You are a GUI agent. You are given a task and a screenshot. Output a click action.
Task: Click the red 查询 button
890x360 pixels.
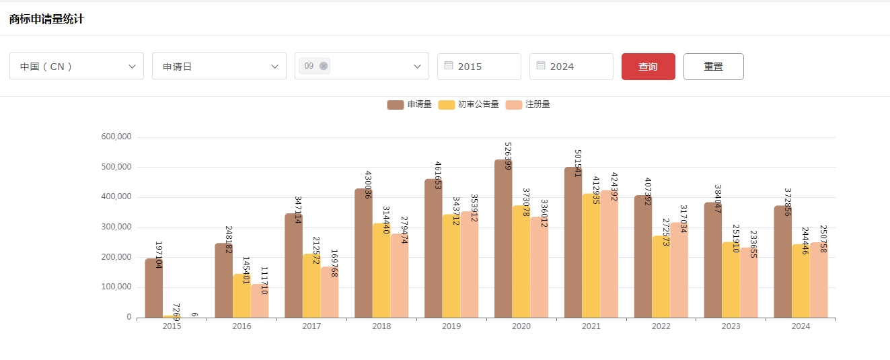click(x=648, y=67)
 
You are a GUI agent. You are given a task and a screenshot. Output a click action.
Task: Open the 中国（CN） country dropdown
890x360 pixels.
click(x=76, y=66)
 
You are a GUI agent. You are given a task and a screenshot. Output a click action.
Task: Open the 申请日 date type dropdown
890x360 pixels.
click(x=219, y=66)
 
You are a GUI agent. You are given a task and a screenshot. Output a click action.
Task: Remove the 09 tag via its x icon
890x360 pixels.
click(x=324, y=66)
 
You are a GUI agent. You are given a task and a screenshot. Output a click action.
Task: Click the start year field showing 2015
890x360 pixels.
click(x=479, y=67)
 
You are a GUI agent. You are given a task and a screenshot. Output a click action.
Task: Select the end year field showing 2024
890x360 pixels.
click(x=571, y=67)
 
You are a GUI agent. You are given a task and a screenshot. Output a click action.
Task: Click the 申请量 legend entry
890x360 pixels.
click(x=410, y=104)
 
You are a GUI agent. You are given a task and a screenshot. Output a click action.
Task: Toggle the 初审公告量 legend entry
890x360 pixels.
click(x=469, y=104)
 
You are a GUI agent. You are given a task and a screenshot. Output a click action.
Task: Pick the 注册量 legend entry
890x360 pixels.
click(x=528, y=104)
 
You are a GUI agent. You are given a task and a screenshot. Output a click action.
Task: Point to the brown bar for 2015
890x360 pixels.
click(x=153, y=289)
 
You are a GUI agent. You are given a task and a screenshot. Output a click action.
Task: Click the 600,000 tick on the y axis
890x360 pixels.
click(x=116, y=137)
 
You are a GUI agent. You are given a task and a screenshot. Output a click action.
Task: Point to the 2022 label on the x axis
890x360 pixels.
click(x=661, y=326)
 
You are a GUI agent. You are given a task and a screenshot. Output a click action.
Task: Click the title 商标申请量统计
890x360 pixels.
click(x=46, y=19)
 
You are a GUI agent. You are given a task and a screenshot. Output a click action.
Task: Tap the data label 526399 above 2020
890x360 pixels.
click(x=509, y=156)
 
